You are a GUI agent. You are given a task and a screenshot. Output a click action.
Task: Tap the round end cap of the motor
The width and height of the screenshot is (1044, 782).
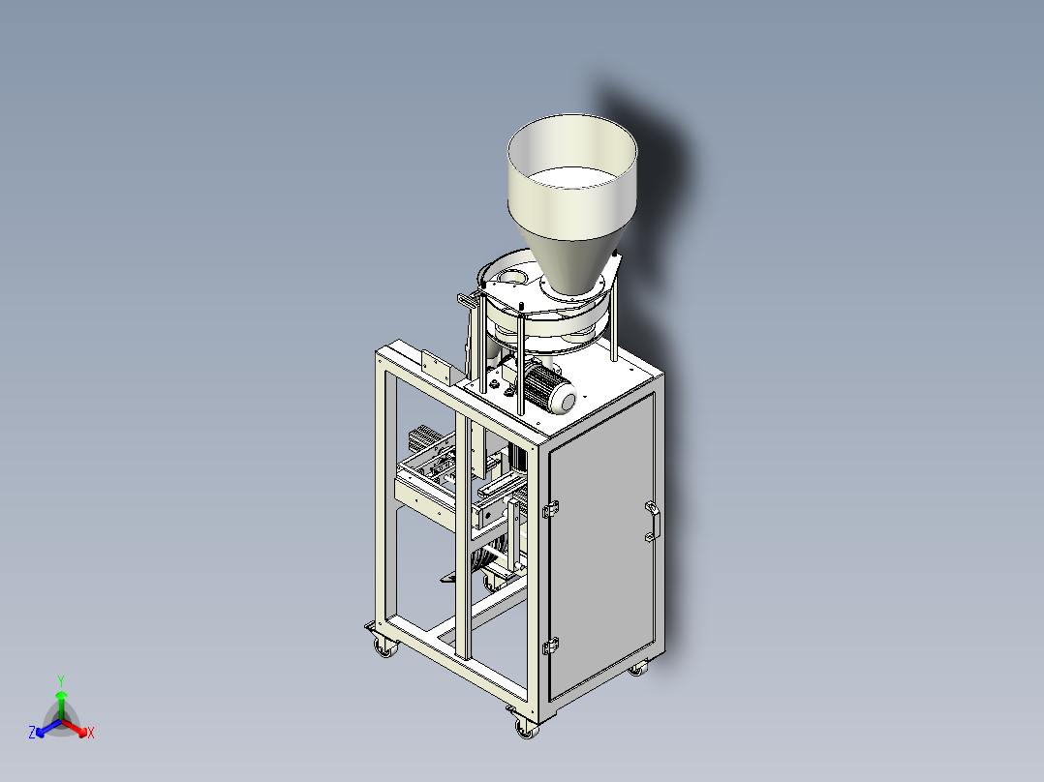pos(566,400)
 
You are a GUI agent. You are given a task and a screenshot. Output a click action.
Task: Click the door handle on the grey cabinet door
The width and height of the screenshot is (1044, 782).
pos(653,521)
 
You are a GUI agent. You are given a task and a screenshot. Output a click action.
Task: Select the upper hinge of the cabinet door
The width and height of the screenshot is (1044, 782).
pos(550,510)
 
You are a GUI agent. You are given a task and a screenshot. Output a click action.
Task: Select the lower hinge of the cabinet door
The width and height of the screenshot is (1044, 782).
pos(550,646)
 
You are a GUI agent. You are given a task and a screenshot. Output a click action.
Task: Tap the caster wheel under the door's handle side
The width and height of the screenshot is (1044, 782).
pos(637,668)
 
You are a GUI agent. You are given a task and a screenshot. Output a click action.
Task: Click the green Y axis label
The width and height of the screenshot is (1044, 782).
pos(61,680)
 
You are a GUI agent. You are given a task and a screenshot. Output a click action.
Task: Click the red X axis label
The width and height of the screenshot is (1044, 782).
pos(91,733)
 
